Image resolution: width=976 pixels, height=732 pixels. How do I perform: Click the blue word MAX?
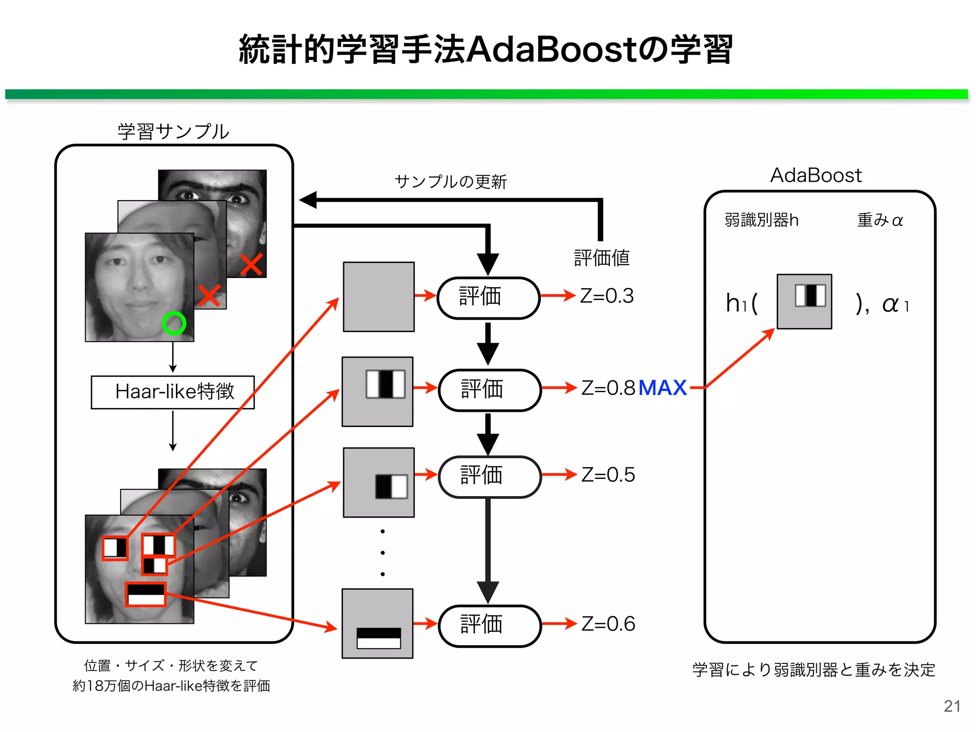[x=662, y=388]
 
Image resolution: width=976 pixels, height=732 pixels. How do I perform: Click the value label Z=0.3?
[x=607, y=296]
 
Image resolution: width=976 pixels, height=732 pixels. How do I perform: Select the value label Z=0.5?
[x=608, y=475]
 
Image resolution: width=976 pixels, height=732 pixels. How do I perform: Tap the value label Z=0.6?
[x=608, y=624]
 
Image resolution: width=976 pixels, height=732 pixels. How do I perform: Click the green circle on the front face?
[x=174, y=324]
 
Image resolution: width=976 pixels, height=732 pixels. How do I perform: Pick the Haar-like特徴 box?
[x=173, y=392]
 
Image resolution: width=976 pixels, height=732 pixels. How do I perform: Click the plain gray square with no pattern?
[x=379, y=296]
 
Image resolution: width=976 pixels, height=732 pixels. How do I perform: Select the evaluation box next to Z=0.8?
[x=489, y=389]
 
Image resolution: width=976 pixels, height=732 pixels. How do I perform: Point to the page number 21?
[x=952, y=706]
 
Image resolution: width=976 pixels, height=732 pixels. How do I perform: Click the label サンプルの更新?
[x=450, y=182]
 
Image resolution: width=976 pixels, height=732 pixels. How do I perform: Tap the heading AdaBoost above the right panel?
[x=816, y=175]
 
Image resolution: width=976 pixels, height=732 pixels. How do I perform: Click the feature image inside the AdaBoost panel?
[x=804, y=301]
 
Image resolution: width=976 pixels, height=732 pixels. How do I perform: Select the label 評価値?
[x=601, y=258]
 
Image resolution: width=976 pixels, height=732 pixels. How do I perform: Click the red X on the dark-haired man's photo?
[x=252, y=265]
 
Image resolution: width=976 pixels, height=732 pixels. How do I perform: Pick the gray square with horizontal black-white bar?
[x=378, y=624]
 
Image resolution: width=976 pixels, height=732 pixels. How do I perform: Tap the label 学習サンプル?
[x=173, y=132]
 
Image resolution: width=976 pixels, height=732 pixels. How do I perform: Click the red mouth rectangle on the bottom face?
[x=146, y=594]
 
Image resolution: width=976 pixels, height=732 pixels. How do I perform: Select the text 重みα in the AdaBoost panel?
[x=880, y=220]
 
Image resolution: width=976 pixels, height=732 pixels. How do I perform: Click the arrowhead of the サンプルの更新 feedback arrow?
[x=307, y=200]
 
